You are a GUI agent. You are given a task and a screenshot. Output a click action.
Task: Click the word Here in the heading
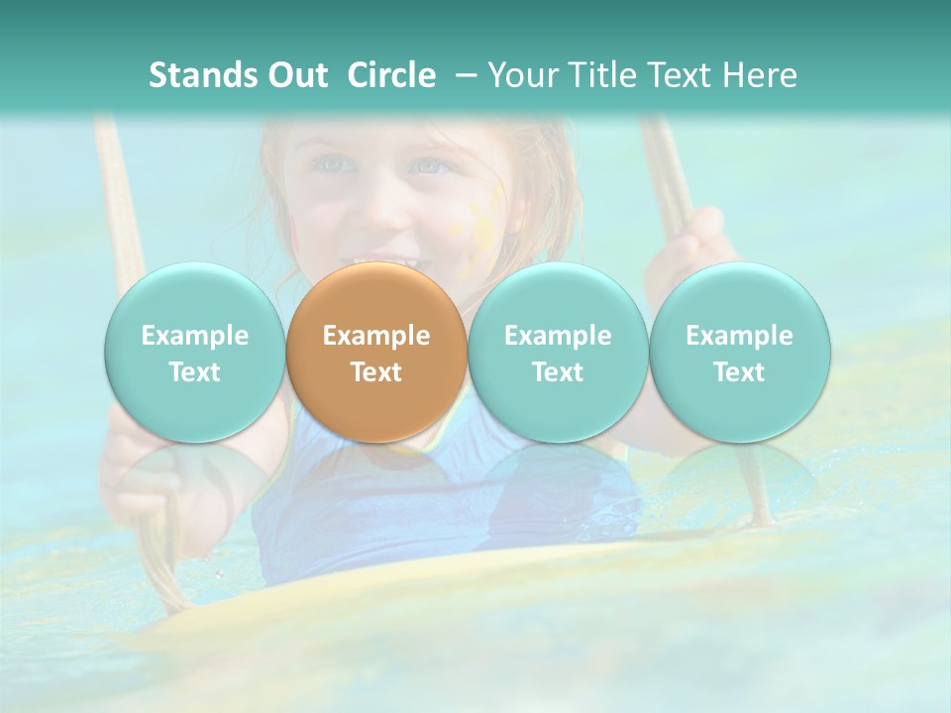[x=760, y=75]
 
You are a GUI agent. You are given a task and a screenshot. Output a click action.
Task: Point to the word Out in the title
[x=297, y=75]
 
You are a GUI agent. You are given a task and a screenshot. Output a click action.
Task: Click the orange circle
[x=376, y=353]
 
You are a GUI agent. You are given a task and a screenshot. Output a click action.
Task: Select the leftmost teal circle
[x=194, y=353]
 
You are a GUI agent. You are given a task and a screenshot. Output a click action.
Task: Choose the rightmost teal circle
[x=739, y=353]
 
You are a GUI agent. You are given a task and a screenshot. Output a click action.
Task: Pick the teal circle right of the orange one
[x=558, y=353]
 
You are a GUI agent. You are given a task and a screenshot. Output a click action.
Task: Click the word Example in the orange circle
[x=376, y=336]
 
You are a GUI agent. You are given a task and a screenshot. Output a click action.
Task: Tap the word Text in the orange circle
[x=376, y=372]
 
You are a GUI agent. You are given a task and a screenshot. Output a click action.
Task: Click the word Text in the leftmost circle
[x=194, y=372]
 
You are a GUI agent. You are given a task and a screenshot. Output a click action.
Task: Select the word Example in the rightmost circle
[x=739, y=336]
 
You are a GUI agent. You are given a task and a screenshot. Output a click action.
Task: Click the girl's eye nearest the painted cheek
[x=429, y=165]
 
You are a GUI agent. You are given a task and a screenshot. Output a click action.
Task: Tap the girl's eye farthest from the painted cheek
[x=334, y=163]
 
